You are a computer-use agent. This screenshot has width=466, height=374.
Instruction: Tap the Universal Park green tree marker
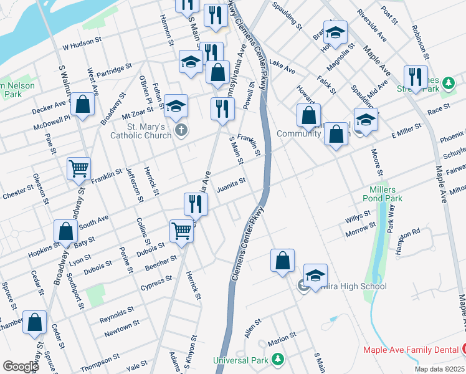click(x=278, y=360)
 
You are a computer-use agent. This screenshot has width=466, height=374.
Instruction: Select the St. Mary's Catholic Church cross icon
click(x=181, y=130)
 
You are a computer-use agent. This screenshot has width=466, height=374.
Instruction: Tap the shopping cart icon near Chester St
click(x=79, y=168)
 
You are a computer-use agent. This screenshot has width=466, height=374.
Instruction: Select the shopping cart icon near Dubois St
click(x=181, y=230)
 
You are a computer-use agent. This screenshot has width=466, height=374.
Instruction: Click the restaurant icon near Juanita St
click(x=195, y=203)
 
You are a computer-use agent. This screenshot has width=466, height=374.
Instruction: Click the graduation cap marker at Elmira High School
click(x=315, y=276)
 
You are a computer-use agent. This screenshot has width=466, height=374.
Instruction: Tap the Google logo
click(x=21, y=367)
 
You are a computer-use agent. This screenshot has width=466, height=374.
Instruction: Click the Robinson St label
click(x=420, y=38)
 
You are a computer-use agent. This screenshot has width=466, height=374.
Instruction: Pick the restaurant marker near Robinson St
click(x=415, y=77)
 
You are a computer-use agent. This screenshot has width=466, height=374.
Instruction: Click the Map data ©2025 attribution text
click(x=439, y=369)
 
